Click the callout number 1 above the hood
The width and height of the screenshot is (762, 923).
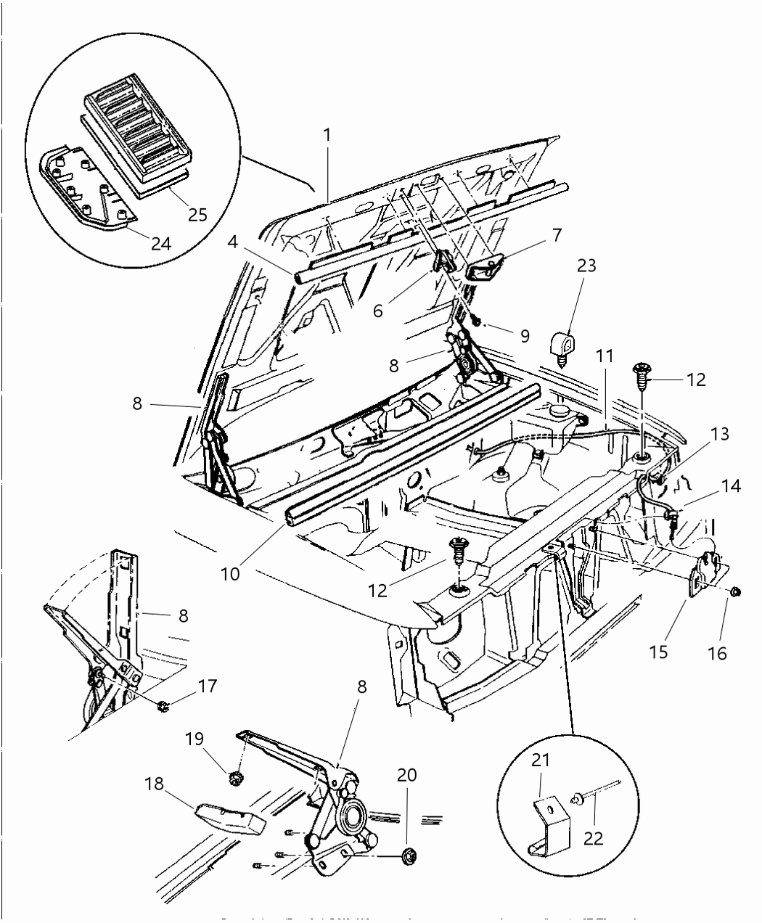tap(327, 134)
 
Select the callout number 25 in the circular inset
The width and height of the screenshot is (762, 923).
tap(197, 214)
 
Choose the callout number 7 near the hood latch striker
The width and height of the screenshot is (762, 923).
tap(557, 234)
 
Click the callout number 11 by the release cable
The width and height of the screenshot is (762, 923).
tap(605, 356)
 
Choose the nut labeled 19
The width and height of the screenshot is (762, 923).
tap(234, 779)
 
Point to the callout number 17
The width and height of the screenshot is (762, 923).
tap(208, 685)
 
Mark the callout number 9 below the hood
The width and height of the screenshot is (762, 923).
tap(523, 336)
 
